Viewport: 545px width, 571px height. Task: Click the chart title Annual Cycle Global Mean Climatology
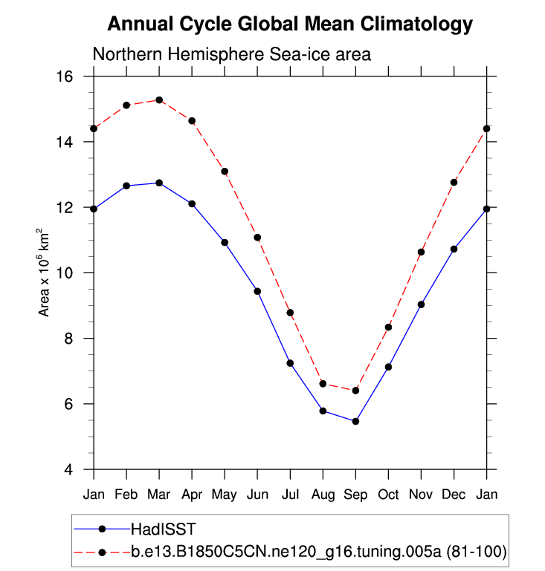coord(290,25)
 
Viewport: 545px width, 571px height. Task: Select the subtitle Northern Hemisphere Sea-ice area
coord(231,54)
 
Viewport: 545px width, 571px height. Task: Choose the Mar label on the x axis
coord(159,495)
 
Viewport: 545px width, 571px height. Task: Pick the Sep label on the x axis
coord(355,495)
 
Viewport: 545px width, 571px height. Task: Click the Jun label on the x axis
coord(257,495)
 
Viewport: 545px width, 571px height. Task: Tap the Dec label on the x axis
coord(454,495)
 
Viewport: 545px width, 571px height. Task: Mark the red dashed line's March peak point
coord(159,99)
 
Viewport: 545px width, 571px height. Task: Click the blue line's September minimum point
coord(355,421)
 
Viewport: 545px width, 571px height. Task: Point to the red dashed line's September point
coord(355,391)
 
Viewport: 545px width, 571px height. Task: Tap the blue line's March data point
coord(159,183)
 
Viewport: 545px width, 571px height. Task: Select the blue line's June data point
coord(257,291)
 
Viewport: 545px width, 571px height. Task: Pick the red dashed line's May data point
coord(225,172)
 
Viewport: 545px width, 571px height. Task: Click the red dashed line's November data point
coord(421,252)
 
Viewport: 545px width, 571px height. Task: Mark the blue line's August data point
coord(323,411)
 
